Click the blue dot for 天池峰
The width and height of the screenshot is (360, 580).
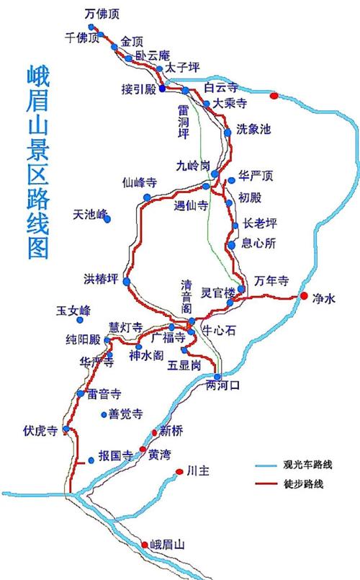coord(107,218)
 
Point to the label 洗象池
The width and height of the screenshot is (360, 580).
coord(253,130)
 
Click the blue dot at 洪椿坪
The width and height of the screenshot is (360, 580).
coord(127,281)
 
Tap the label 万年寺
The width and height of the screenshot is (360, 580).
coord(271,280)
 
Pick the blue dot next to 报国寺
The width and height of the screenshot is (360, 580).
coord(91,460)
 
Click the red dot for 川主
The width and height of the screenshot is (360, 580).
coord(179,472)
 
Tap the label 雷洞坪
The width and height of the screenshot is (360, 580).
coord(184,118)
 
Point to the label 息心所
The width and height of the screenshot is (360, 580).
coord(260,243)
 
